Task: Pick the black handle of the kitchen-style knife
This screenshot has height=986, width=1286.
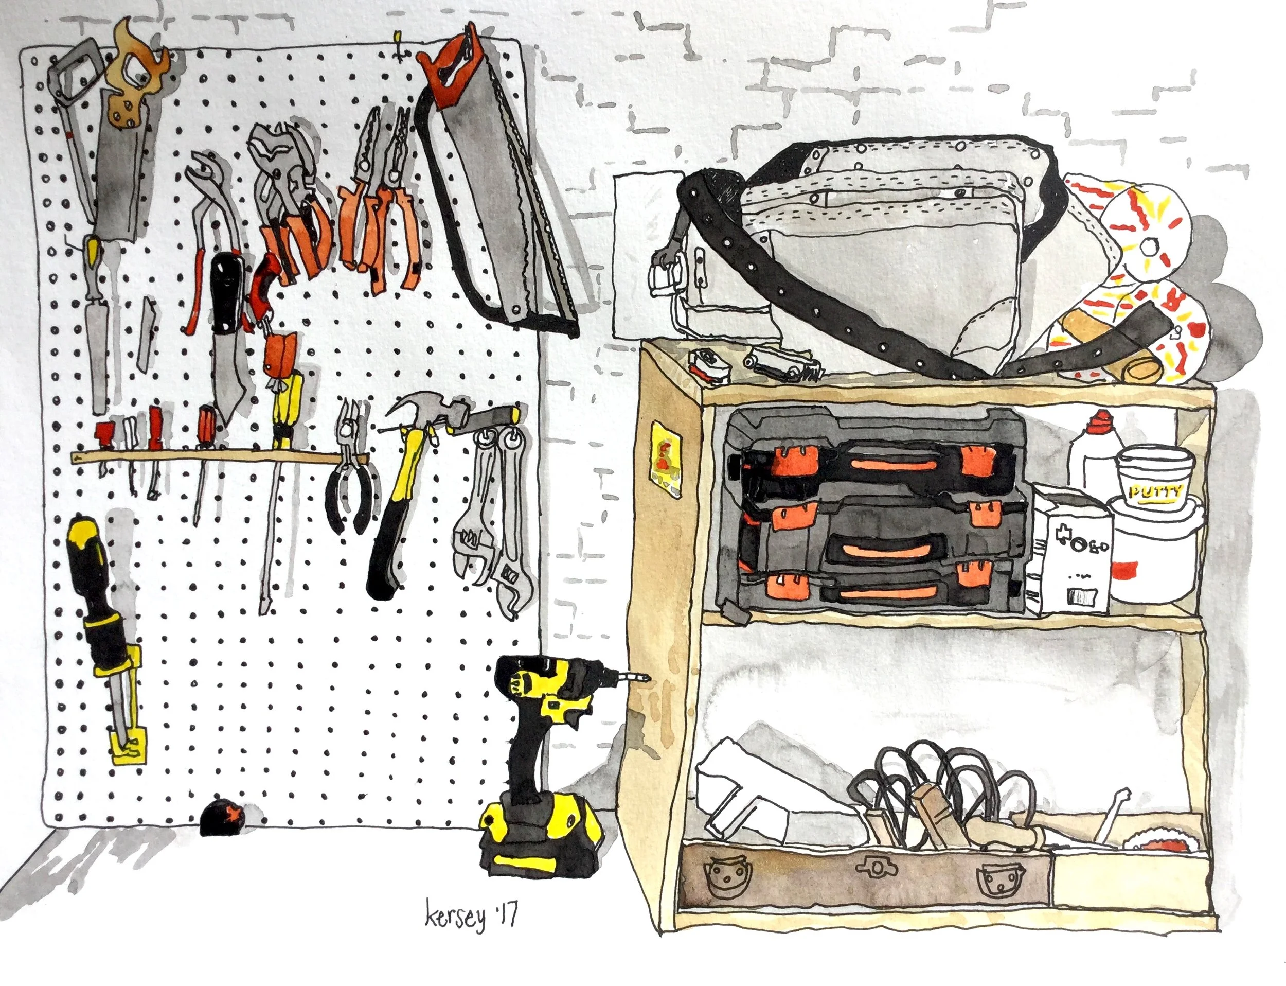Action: point(227,291)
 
